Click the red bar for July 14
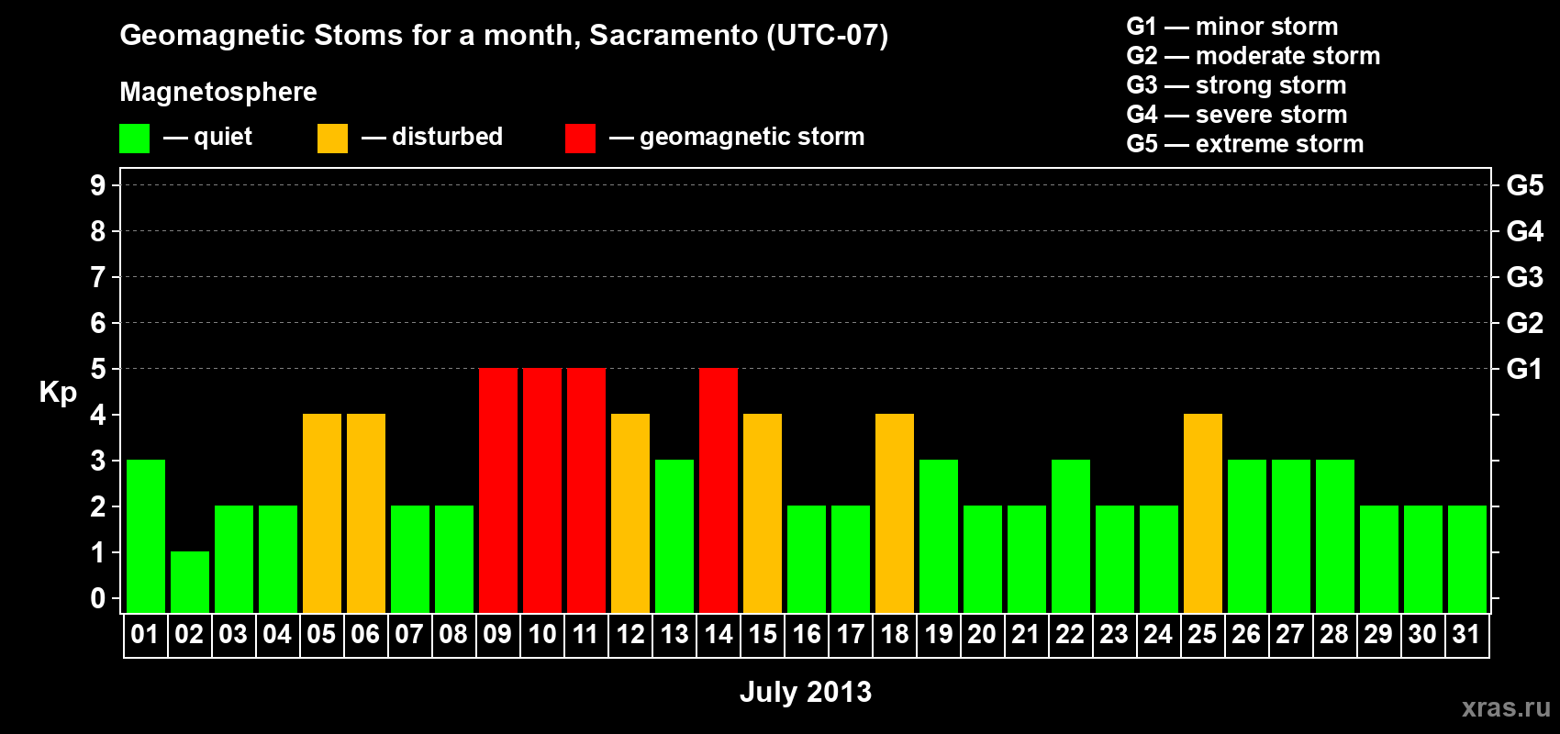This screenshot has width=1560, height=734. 719,490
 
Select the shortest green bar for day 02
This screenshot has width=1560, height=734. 190,583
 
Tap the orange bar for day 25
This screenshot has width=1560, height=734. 1203,513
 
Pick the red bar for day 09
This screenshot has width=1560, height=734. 498,490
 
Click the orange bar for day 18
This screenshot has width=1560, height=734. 895,513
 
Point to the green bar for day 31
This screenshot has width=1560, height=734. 1467,559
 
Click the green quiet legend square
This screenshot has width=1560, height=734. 134,138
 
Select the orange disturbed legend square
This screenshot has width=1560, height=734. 332,138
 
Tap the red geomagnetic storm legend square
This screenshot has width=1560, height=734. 581,138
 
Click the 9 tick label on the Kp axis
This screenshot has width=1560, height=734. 97,185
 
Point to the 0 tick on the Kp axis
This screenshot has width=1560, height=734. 97,598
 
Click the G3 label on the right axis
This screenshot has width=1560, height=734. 1525,277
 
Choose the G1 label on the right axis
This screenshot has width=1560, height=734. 1525,369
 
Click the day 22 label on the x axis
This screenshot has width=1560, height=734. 1070,634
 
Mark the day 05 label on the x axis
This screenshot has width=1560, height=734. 321,634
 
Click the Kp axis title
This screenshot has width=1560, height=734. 58,393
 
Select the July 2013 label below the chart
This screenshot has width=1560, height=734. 806,692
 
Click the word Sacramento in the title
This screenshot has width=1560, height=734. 674,35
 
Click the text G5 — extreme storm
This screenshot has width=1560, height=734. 1245,144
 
